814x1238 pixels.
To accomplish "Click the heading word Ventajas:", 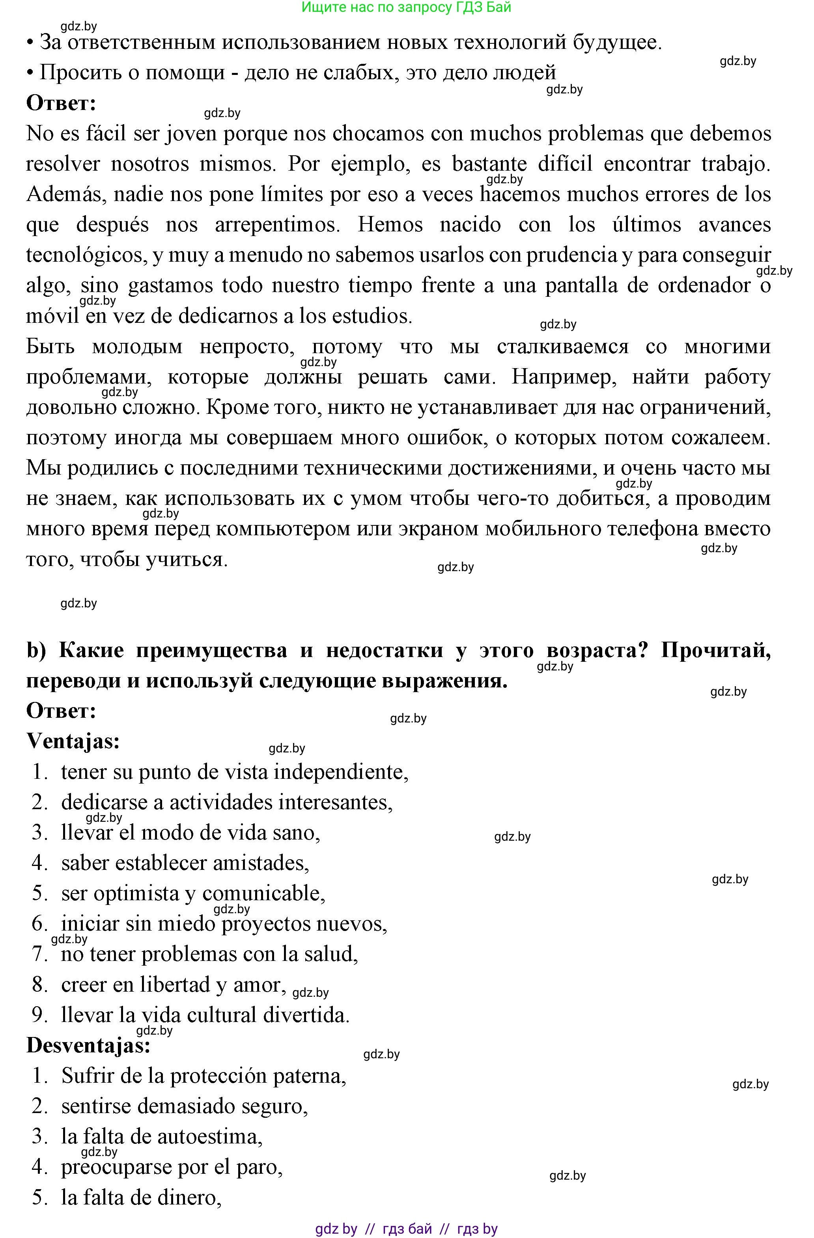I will coord(73,741).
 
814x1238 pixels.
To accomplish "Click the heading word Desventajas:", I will coord(88,1046).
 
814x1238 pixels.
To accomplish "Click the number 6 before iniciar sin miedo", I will coord(39,924).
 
